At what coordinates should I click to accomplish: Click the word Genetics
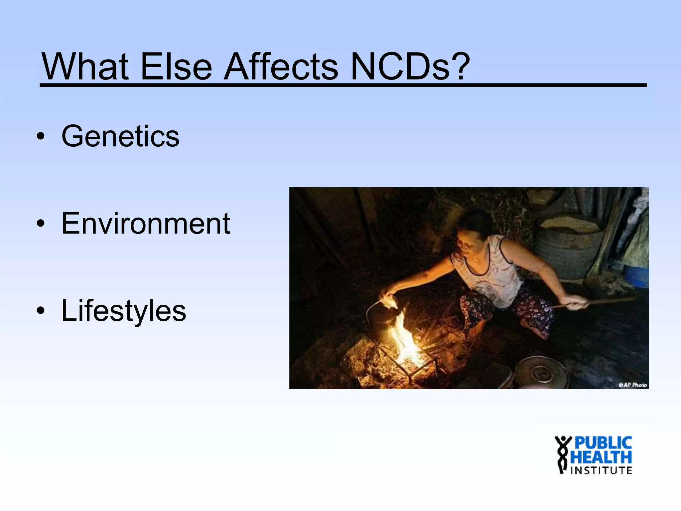pyautogui.click(x=120, y=136)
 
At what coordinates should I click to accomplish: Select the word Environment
pyautogui.click(x=146, y=224)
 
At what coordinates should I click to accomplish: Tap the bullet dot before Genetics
pyautogui.click(x=41, y=137)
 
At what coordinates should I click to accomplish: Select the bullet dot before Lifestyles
pyautogui.click(x=41, y=311)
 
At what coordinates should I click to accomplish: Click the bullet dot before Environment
pyautogui.click(x=41, y=224)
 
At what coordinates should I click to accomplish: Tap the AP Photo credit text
pyautogui.click(x=632, y=385)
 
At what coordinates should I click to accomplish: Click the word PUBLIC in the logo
pyautogui.click(x=603, y=443)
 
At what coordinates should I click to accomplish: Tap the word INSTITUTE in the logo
pyautogui.click(x=601, y=470)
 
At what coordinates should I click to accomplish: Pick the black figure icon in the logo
pyautogui.click(x=562, y=454)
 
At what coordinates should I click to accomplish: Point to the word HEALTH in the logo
pyautogui.click(x=601, y=457)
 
